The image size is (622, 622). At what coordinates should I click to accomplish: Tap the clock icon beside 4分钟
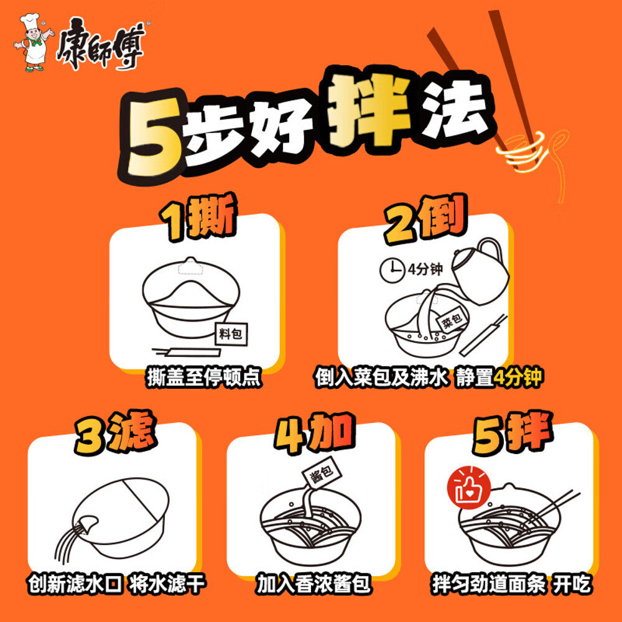point(390,269)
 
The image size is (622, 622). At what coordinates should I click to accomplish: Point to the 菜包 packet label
point(450,323)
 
